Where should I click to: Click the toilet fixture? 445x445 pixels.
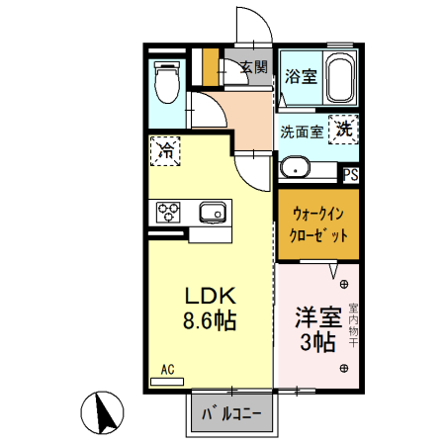[166, 83]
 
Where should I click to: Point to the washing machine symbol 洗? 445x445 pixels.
[343, 128]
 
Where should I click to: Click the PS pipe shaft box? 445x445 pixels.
[350, 175]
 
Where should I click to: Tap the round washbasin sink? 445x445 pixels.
[294, 168]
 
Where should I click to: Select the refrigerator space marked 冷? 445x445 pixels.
[166, 152]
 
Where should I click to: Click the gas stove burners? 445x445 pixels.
[166, 212]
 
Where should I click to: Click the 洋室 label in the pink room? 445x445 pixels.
[317, 318]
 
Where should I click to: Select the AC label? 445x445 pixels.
[167, 370]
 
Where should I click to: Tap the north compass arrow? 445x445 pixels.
[104, 411]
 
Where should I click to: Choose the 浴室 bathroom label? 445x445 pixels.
[301, 76]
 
